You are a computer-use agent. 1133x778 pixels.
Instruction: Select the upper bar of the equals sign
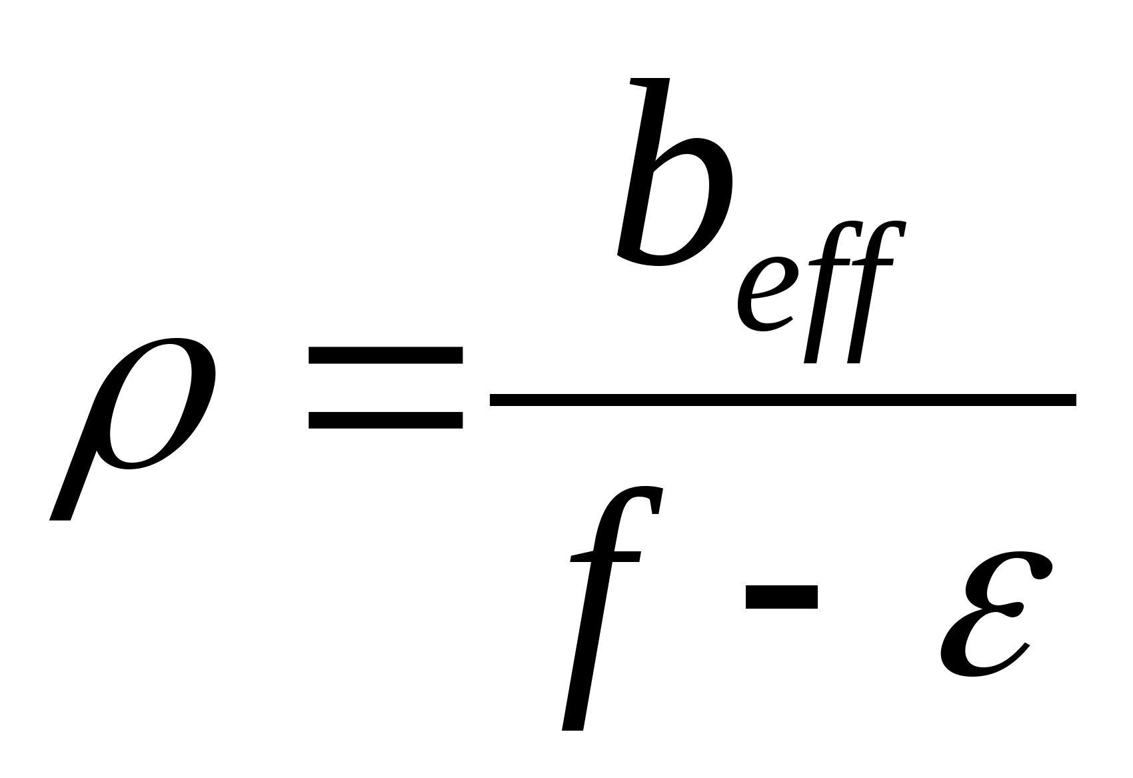click(x=385, y=354)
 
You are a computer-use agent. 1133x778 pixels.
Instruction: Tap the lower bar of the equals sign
click(x=385, y=419)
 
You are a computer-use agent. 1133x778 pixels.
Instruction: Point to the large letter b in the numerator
click(x=673, y=187)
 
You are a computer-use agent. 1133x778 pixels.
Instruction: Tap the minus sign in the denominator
click(x=781, y=597)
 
